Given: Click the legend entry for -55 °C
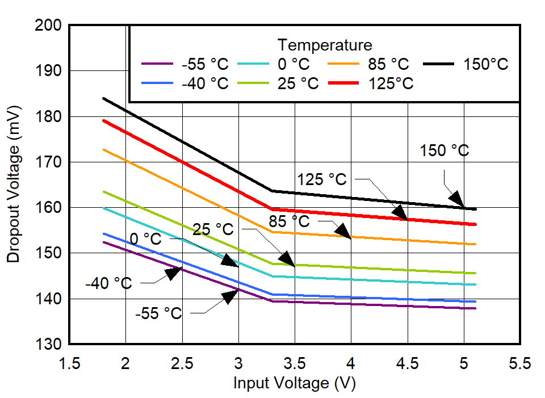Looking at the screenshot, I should pyautogui.click(x=204, y=64).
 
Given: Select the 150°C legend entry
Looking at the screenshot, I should pyautogui.click(x=486, y=64).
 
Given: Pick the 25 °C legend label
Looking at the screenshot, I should pyautogui.click(x=298, y=83).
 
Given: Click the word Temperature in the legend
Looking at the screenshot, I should pyautogui.click(x=325, y=45).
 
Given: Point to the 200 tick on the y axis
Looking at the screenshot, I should pyautogui.click(x=50, y=26).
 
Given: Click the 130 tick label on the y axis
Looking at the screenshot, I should pyautogui.click(x=50, y=345).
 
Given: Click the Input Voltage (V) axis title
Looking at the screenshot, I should pyautogui.click(x=294, y=383).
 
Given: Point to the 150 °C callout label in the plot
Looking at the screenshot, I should pyautogui.click(x=445, y=151).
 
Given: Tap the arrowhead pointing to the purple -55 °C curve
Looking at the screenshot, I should pyautogui.click(x=230, y=296).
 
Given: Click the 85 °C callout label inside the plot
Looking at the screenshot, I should pyautogui.click(x=289, y=220).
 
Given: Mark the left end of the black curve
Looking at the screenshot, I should pyautogui.click(x=103, y=98).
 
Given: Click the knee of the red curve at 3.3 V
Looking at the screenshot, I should pyautogui.click(x=272, y=209).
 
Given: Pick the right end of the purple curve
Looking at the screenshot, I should pyautogui.click(x=475, y=308).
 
